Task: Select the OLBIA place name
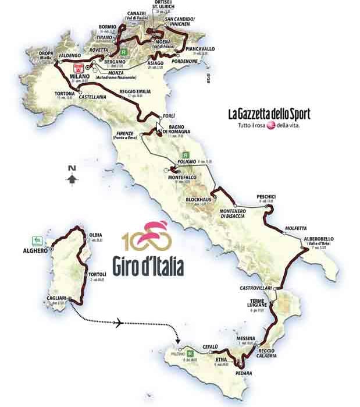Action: tap(95, 235)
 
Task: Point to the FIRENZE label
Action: tap(121, 133)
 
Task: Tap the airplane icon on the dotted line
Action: tap(119, 322)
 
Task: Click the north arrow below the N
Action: tap(72, 180)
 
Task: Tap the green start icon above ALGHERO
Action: tap(37, 239)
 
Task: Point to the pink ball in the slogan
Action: tap(269, 125)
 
